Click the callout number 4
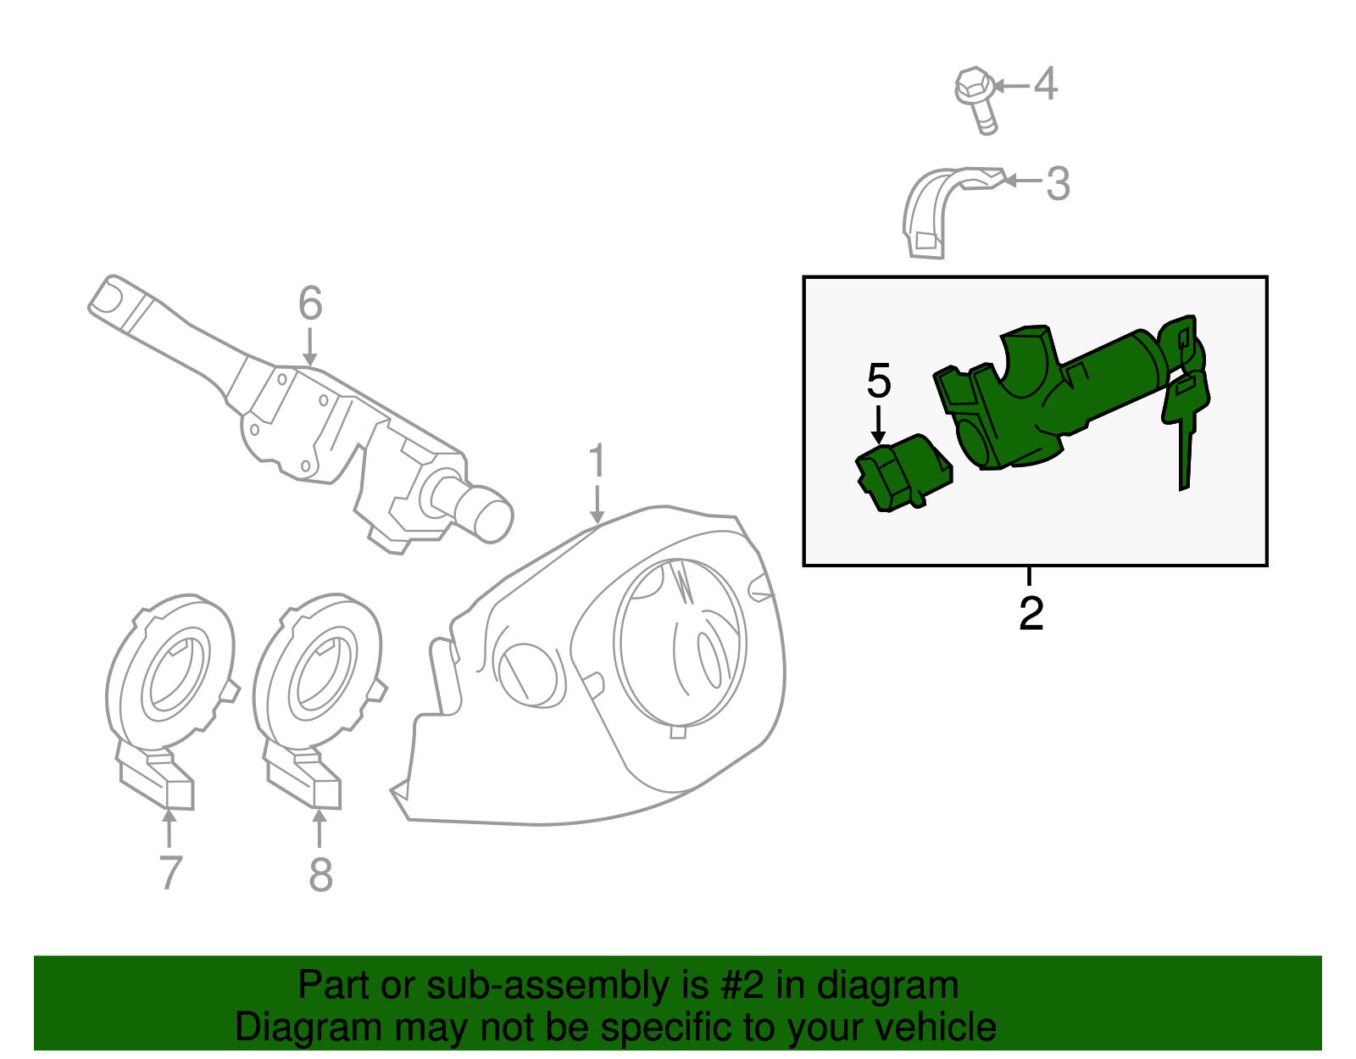click(1046, 84)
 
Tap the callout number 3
click(1058, 183)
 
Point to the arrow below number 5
click(879, 424)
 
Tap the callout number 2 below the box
click(1031, 613)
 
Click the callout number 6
click(310, 304)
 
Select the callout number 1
click(597, 460)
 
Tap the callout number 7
click(170, 872)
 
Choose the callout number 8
click(320, 874)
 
